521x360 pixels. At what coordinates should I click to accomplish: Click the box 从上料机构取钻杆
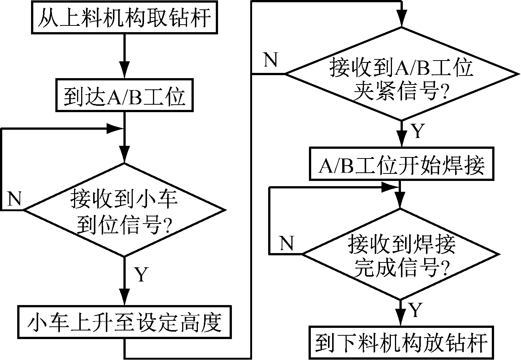click(x=124, y=18)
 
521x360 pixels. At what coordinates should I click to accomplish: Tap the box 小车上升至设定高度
click(x=124, y=321)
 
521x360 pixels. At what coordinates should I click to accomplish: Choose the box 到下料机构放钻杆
click(x=401, y=342)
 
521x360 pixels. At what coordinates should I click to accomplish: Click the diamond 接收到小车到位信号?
click(x=125, y=210)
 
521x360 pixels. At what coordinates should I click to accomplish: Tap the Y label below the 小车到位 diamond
click(x=141, y=275)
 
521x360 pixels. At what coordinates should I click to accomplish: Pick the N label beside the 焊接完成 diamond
click(x=287, y=243)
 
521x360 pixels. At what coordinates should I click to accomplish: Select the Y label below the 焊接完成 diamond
click(x=416, y=310)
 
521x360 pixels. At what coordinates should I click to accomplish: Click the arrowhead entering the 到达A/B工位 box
click(x=124, y=72)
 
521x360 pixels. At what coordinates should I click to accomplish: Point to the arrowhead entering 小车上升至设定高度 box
click(x=124, y=299)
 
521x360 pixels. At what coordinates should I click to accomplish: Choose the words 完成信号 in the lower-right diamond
click(x=396, y=268)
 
